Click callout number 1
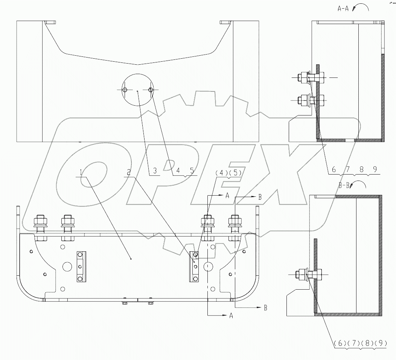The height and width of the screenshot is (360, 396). (x=81, y=172)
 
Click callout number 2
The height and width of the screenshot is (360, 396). (x=129, y=172)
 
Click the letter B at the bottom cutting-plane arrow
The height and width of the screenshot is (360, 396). (x=265, y=308)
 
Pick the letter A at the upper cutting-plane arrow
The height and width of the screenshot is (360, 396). (x=227, y=196)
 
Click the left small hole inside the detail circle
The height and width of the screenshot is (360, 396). (x=125, y=90)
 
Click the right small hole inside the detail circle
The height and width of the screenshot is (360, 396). (x=151, y=90)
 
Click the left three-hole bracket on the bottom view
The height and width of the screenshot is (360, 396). (x=80, y=266)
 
